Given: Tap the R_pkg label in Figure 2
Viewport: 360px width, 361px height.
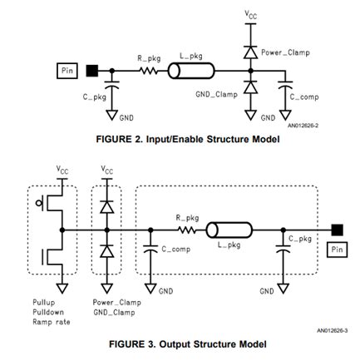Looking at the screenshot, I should [148, 57].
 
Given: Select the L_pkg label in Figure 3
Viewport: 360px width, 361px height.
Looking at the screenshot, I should [226, 245].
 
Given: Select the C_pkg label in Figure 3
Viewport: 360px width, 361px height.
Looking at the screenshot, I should [299, 239].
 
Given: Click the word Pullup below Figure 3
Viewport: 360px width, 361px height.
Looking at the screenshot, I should [44, 302].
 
